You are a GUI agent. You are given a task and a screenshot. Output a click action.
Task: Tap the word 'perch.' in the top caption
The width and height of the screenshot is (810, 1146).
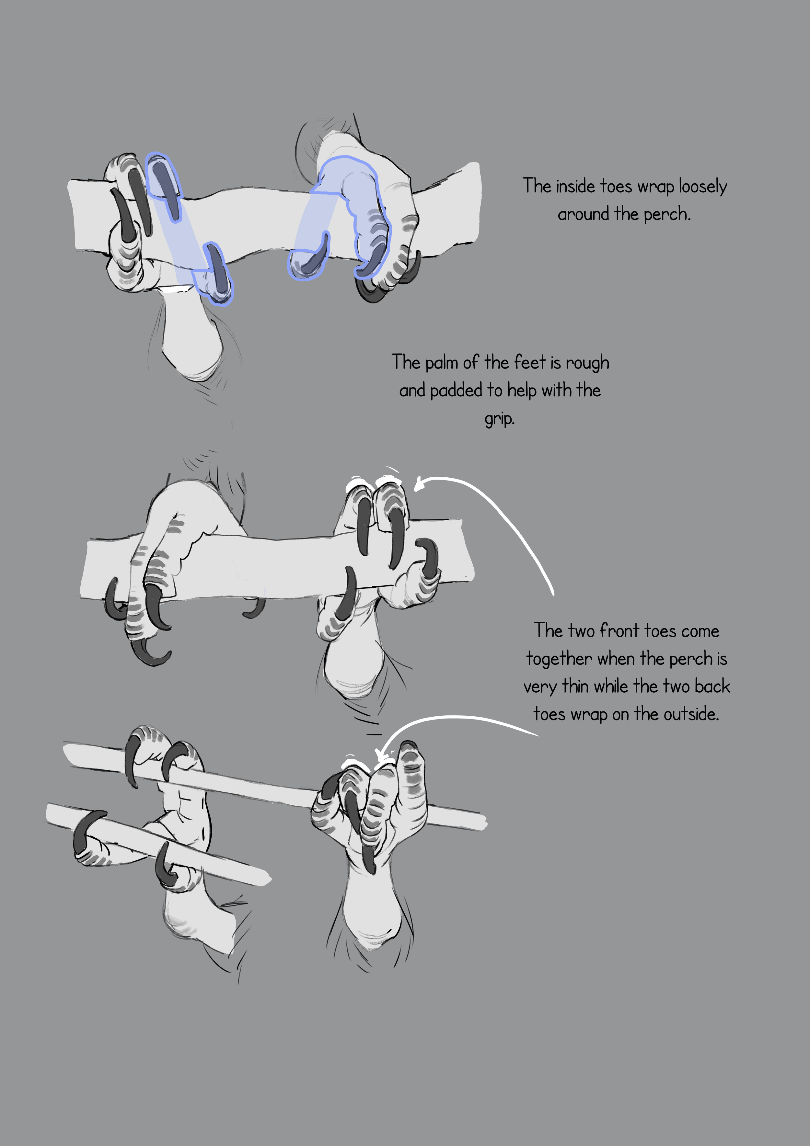[x=667, y=215]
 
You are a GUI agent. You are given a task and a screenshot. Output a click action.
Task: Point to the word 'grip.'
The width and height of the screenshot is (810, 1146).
[x=499, y=418]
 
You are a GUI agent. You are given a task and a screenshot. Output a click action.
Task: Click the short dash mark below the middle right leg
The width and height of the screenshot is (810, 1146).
[x=374, y=734]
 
